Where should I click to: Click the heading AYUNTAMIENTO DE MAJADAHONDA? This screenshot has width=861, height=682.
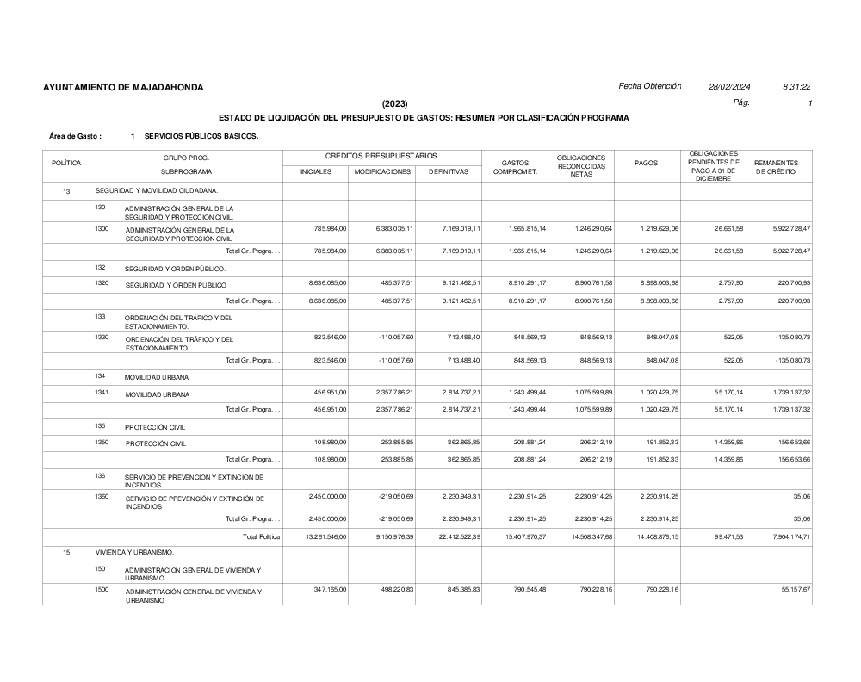123,87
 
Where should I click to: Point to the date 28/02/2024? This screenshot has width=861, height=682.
729,86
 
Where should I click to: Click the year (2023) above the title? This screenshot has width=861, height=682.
395,103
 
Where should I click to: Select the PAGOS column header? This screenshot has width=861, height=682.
646,163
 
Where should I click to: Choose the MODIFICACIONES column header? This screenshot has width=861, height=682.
382,171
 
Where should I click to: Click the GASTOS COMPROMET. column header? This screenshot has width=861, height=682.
514,166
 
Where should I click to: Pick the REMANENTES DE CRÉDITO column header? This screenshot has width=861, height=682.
776,167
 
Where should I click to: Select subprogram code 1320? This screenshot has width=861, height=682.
102,283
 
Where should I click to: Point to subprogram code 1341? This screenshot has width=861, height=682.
102,392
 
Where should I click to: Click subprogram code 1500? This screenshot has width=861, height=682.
102,590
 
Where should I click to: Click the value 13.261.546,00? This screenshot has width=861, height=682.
314,536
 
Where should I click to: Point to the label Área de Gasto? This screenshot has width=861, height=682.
75,136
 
